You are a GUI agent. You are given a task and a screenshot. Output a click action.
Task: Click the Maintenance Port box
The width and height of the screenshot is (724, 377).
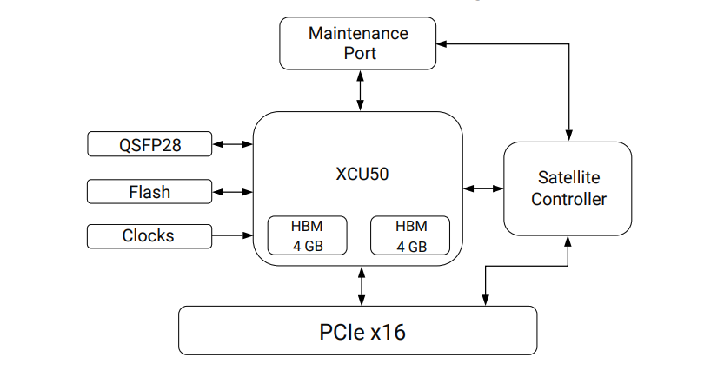pos(357,43)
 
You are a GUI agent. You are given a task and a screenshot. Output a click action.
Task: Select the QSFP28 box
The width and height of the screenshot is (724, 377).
pos(149,144)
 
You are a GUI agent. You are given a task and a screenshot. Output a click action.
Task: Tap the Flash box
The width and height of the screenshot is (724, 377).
pos(149,191)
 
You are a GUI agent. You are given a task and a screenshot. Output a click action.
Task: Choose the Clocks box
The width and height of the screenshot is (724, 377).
pos(149,235)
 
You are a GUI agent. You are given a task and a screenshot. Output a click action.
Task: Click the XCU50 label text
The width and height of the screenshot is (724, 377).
pos(356,173)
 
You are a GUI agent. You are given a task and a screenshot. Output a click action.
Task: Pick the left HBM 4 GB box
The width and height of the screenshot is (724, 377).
pos(307,235)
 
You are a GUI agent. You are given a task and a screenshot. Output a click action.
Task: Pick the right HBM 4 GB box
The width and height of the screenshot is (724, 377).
pos(412,235)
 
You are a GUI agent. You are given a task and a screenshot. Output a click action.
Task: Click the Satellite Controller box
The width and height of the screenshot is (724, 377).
pos(568,188)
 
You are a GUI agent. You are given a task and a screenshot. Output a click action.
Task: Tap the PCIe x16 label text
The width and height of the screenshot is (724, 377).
pos(357,331)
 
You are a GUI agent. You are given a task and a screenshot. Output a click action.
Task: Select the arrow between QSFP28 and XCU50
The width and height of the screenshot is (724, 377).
pos(232,144)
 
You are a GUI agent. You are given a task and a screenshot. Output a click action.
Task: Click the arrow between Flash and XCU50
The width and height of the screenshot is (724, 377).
pos(232,191)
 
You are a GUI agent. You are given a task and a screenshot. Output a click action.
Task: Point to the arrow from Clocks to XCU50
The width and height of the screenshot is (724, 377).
pos(232,235)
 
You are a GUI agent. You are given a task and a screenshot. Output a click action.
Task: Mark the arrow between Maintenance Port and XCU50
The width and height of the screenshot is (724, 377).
pos(360,90)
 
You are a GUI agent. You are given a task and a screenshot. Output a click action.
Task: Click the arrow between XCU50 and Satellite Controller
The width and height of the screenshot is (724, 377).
pos(483,188)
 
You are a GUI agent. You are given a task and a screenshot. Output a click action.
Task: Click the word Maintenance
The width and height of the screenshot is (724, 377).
pos(358,34)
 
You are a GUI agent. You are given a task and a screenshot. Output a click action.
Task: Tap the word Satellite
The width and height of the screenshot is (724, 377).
pos(568,177)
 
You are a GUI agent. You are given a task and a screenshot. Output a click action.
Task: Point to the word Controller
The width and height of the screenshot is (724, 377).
pos(568,199)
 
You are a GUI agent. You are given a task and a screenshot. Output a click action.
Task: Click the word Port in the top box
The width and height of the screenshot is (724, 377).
pos(358,53)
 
